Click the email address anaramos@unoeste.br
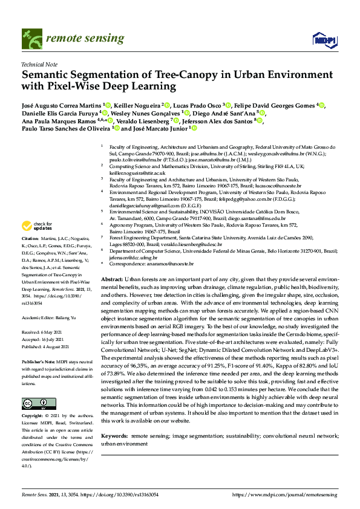pyautogui.click(x=172, y=264)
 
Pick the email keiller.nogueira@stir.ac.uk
pyautogui.click(x=134, y=172)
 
